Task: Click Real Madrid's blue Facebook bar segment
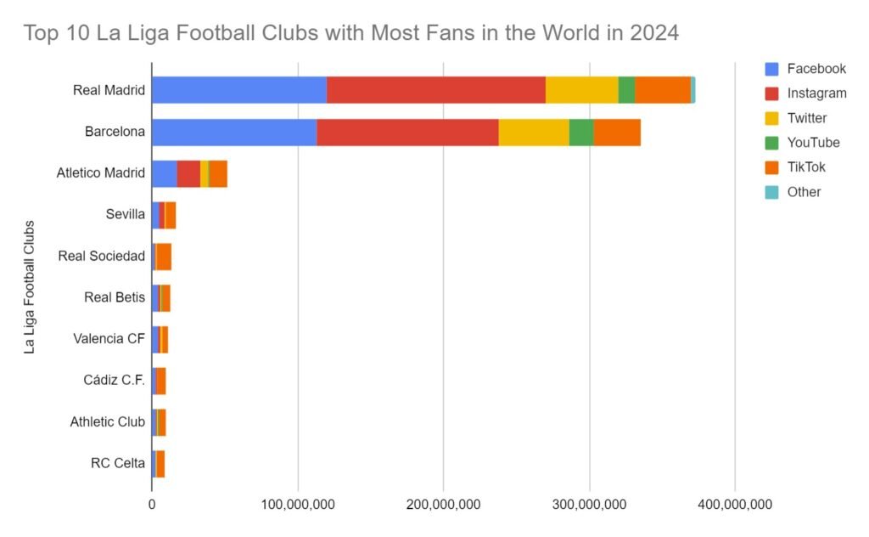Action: (239, 89)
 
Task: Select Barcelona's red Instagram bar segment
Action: (407, 133)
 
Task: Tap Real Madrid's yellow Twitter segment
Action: (581, 89)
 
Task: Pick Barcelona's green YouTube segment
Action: (581, 133)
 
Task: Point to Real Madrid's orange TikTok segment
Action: (663, 89)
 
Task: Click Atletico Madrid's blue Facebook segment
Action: (165, 173)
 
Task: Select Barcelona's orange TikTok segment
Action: (617, 133)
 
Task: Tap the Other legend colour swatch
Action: (771, 192)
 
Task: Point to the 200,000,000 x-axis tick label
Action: (444, 505)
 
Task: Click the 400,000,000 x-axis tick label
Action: (735, 505)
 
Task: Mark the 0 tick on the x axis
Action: (152, 505)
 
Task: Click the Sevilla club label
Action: (126, 215)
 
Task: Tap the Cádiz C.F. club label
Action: (115, 380)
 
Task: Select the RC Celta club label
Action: (118, 463)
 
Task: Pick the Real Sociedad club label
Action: (102, 256)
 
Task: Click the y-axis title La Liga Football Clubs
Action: (30, 287)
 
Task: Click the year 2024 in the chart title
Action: (653, 34)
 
